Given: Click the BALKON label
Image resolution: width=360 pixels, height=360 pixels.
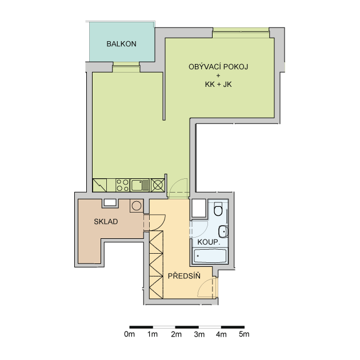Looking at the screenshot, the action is click(121, 44).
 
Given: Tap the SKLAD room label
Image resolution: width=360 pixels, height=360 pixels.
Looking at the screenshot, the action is click(106, 222).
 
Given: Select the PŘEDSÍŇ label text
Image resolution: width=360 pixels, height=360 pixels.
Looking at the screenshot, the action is click(184, 276).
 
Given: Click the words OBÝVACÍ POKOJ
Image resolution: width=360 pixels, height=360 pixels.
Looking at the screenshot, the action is click(218, 67).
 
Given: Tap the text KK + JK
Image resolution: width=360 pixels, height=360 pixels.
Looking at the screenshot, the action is click(218, 85).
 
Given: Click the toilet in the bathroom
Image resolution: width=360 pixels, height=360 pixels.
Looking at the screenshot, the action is click(218, 209).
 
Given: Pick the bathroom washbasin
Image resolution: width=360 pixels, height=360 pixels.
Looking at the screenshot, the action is click(223, 231).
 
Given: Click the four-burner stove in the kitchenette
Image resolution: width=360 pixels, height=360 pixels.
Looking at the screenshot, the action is click(123, 185).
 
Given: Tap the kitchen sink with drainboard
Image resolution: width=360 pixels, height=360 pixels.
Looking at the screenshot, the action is click(140, 185).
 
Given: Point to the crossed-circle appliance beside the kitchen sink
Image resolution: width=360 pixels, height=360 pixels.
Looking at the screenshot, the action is click(158, 185).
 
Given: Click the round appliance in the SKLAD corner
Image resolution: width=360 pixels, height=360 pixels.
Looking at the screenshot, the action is click(137, 206).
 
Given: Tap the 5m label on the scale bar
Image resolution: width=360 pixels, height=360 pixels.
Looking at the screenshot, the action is click(244, 334).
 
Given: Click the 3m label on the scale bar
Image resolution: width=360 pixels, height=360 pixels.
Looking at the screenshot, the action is click(199, 334).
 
